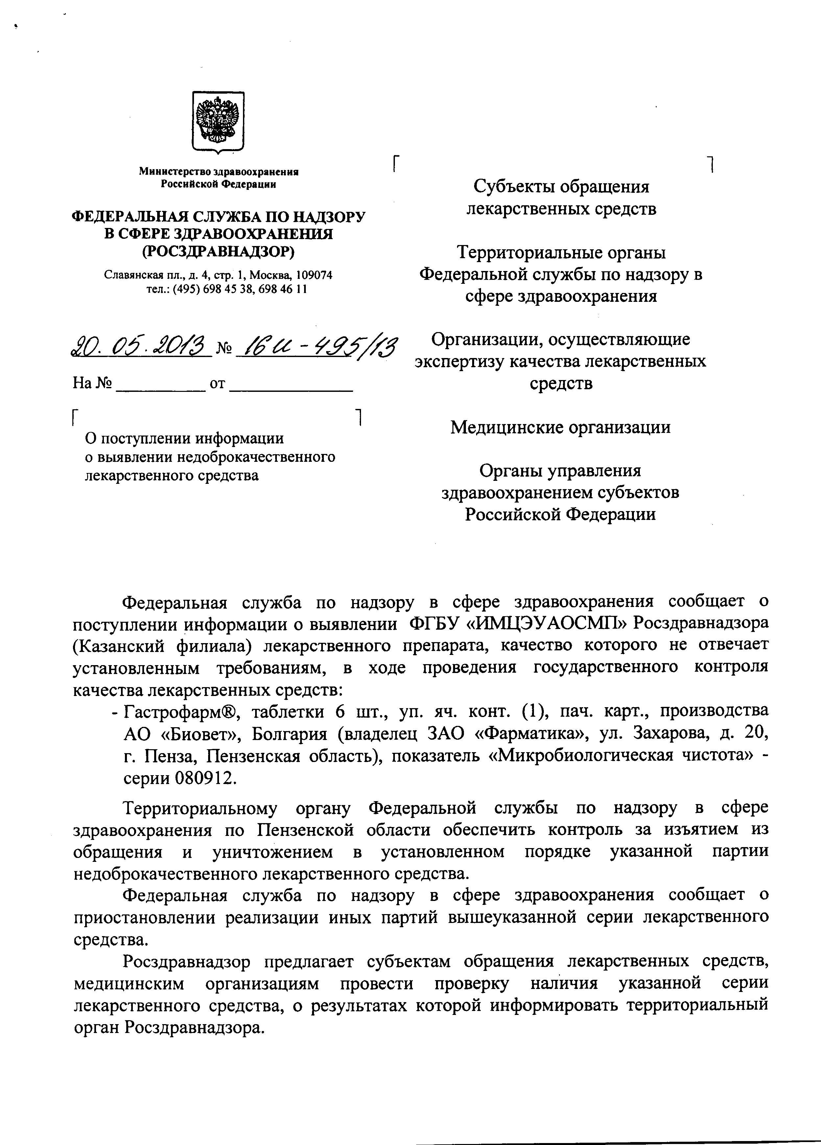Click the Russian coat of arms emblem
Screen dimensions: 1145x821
[x=218, y=121]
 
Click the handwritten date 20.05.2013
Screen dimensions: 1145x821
[x=141, y=347]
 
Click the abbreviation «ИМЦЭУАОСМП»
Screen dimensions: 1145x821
[x=546, y=622]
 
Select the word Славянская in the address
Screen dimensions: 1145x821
[x=126, y=275]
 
